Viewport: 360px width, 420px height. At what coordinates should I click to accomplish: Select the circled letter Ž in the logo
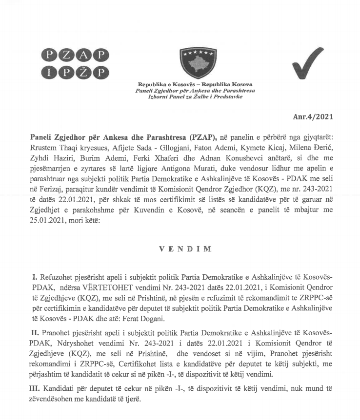pos(84,73)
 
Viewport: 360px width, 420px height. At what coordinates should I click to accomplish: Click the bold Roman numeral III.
pos(38,389)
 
